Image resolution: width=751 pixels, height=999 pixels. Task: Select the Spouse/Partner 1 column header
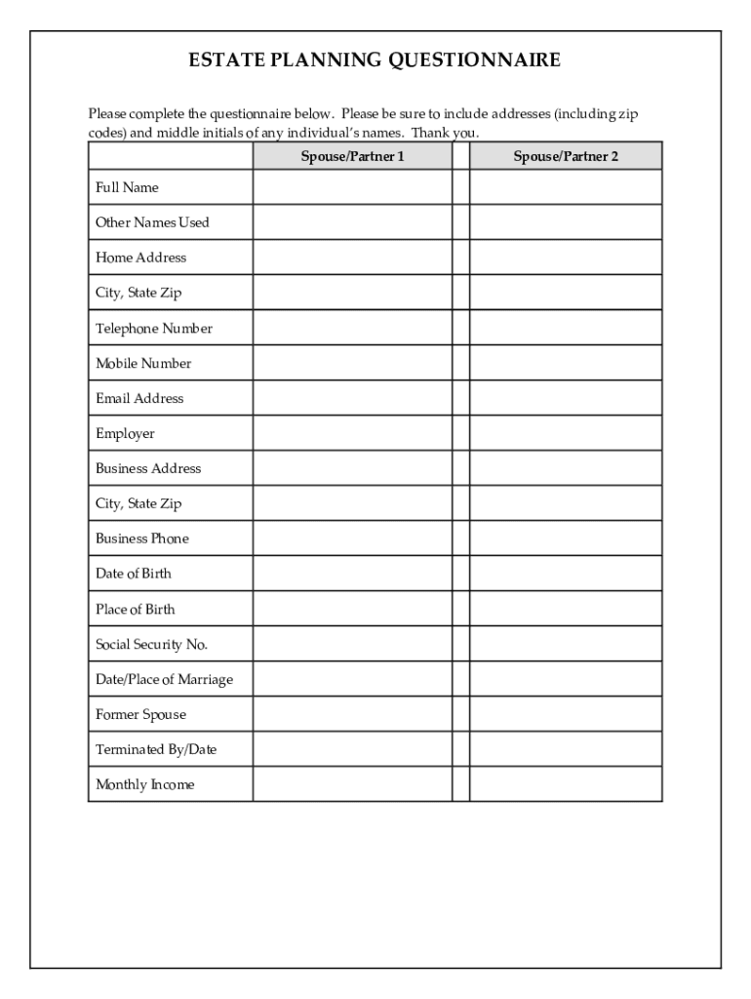pos(352,156)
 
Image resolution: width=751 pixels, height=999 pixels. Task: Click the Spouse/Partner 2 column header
pos(566,156)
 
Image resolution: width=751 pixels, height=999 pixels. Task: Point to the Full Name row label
pos(127,187)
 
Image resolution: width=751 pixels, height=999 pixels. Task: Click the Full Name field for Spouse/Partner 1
pos(352,187)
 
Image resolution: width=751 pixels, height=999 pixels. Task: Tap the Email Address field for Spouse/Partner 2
pos(566,398)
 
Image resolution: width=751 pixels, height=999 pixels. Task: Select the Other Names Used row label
pos(152,222)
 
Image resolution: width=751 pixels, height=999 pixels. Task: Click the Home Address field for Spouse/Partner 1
pos(352,258)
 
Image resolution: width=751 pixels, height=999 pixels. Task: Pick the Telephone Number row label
pos(154,328)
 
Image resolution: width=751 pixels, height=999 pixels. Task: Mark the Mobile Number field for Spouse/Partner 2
pos(566,363)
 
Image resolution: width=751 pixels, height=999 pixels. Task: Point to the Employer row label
pos(125,433)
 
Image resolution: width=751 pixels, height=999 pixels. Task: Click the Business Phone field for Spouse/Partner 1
pos(352,539)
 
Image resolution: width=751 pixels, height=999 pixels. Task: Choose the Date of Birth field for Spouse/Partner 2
pos(566,574)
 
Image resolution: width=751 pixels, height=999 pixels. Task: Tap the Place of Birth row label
pos(136,609)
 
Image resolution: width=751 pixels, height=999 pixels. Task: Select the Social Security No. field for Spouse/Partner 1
pos(352,644)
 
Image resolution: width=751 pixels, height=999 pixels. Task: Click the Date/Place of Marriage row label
pos(164,679)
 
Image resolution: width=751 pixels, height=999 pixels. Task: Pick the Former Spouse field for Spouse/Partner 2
pos(566,714)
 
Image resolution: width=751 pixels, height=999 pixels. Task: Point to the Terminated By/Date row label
pos(156,749)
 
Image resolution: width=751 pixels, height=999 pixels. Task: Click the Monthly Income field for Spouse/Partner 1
pos(352,784)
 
